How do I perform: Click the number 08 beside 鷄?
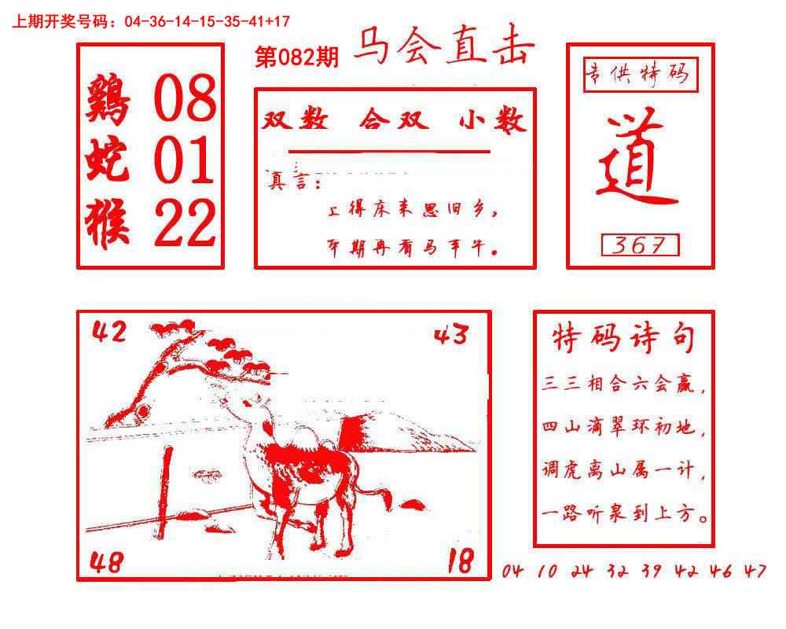click(185, 100)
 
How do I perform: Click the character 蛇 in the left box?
click(108, 161)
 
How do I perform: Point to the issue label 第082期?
click(297, 57)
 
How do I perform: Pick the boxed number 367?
click(640, 245)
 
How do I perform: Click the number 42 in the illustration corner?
click(109, 333)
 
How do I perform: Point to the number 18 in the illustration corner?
click(461, 561)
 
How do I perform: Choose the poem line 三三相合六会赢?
click(624, 387)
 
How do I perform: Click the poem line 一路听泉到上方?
click(626, 517)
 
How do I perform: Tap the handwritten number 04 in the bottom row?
click(512, 572)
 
